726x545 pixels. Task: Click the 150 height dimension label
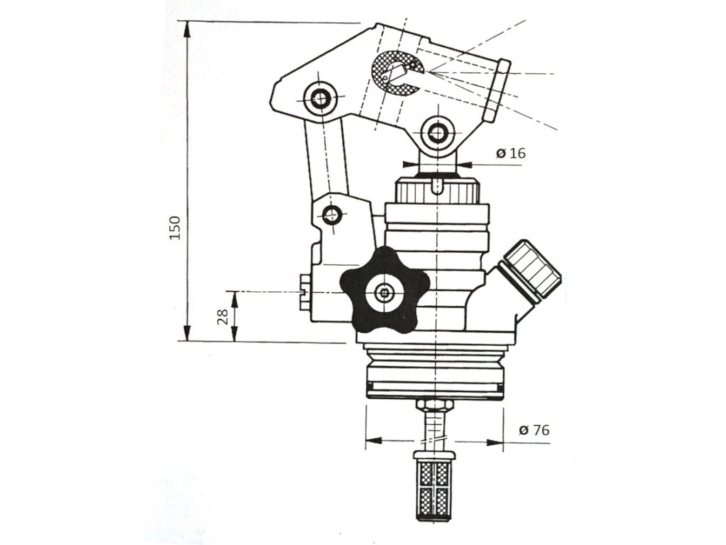tap(175, 227)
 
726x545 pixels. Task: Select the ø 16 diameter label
tap(511, 153)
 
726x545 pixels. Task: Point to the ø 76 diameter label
tap(533, 429)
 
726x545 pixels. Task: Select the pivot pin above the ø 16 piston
tap(435, 133)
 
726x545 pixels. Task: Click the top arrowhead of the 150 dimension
tap(187, 28)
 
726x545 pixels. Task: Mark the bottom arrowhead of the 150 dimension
tap(187, 334)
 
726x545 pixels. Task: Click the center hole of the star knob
tap(385, 292)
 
